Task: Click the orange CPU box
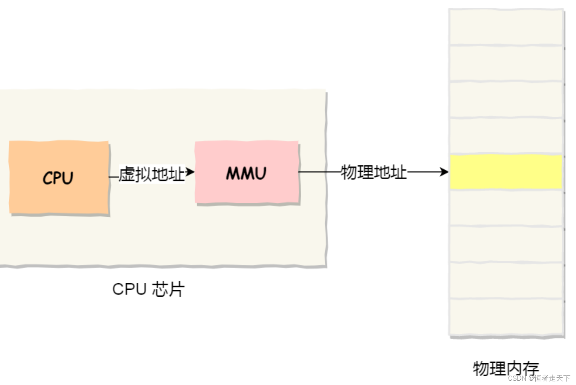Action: point(59,177)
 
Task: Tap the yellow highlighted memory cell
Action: point(506,172)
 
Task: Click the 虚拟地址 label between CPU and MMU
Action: point(152,174)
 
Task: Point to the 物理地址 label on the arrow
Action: point(373,172)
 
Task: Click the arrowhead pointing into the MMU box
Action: point(191,172)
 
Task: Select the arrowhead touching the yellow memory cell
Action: point(444,172)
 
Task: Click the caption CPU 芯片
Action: point(148,289)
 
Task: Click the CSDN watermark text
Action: point(539,378)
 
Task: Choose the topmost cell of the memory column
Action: point(506,27)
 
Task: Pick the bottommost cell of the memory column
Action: point(506,317)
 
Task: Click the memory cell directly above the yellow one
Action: point(506,135)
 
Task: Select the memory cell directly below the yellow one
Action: point(506,207)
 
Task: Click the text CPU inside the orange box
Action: point(58,178)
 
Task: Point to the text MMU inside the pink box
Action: point(246,173)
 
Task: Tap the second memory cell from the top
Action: point(506,63)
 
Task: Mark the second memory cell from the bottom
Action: point(506,280)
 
